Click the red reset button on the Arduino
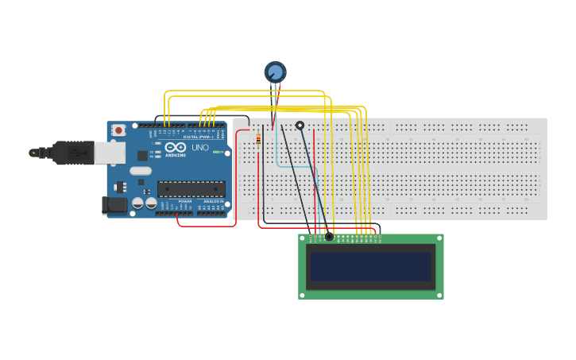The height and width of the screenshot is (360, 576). (119, 130)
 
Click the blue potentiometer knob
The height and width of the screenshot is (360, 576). (275, 72)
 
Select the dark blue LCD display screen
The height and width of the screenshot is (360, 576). (370, 266)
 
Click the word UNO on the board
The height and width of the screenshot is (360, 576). (199, 147)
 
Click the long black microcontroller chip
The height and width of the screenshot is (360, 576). (191, 188)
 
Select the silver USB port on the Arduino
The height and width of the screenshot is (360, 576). (110, 153)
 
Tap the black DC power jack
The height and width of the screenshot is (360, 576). (115, 205)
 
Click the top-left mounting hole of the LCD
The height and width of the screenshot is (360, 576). (303, 238)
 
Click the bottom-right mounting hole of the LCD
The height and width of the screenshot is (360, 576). (439, 295)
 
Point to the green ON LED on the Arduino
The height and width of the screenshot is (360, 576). (215, 152)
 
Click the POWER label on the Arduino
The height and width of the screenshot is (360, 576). (184, 202)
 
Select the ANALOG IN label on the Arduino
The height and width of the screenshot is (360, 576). (213, 202)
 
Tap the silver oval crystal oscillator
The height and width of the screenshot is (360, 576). (141, 171)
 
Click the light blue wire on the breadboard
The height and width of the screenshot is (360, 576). (277, 151)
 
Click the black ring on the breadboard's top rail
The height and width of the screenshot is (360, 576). (300, 125)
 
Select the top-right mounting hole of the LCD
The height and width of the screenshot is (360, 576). (439, 238)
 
